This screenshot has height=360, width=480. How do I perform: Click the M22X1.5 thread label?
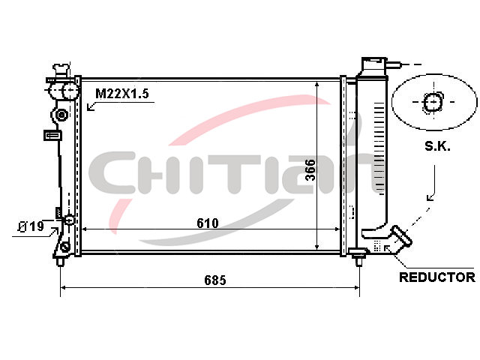[x=122, y=93]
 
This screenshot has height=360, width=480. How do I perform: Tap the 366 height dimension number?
[x=310, y=170]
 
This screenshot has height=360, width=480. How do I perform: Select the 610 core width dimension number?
[x=208, y=223]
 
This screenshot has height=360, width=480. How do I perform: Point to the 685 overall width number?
[x=215, y=280]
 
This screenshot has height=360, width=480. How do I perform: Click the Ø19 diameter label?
[x=31, y=226]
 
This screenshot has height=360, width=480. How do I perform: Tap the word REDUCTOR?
[x=437, y=277]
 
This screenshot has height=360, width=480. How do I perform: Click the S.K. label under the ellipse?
[x=437, y=147]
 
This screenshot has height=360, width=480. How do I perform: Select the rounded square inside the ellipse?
[x=433, y=102]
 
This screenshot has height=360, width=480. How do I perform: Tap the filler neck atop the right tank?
[x=373, y=65]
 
